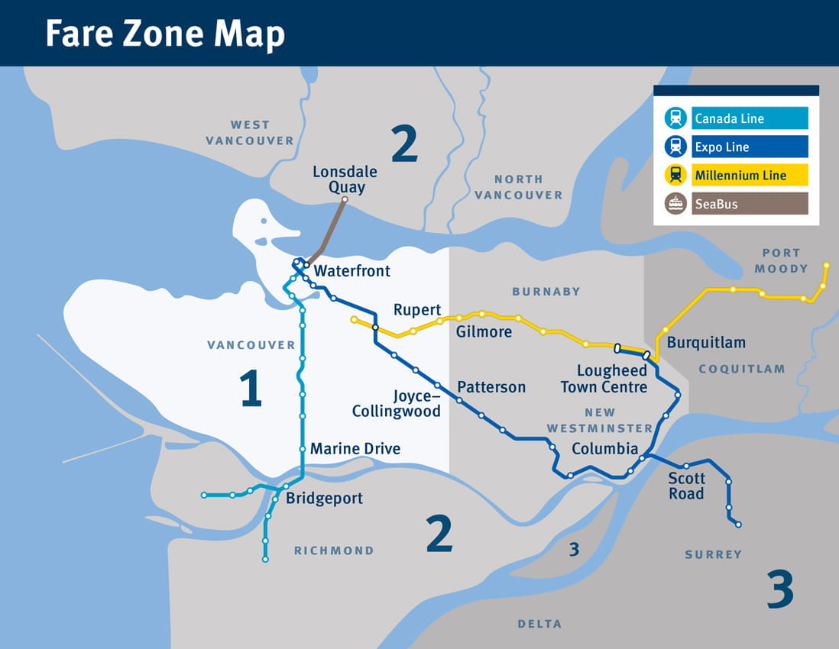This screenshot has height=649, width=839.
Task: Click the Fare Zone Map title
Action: coord(164,34)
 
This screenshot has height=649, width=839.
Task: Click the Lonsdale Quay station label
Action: coord(345,179)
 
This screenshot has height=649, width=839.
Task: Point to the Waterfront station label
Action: coord(352,271)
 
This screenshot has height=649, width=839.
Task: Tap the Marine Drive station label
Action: coord(355,448)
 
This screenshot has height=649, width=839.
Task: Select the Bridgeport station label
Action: coord(324,499)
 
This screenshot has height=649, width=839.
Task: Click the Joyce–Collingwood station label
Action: coord(397,404)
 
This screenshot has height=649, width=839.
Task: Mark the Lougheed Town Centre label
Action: coord(604,379)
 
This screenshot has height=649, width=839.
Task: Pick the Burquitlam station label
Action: coord(706,343)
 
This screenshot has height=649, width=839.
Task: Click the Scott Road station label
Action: coord(686,486)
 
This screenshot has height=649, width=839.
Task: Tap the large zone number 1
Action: coord(251,388)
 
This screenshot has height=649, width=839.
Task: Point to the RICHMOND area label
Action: coord(334,551)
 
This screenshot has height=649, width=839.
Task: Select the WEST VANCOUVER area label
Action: coord(250,133)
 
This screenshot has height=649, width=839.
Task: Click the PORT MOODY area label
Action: coord(781,260)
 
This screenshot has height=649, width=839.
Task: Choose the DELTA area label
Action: coord(539,624)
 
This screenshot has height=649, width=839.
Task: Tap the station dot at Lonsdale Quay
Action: coord(345,199)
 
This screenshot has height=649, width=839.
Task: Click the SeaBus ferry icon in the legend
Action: coord(675,204)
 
